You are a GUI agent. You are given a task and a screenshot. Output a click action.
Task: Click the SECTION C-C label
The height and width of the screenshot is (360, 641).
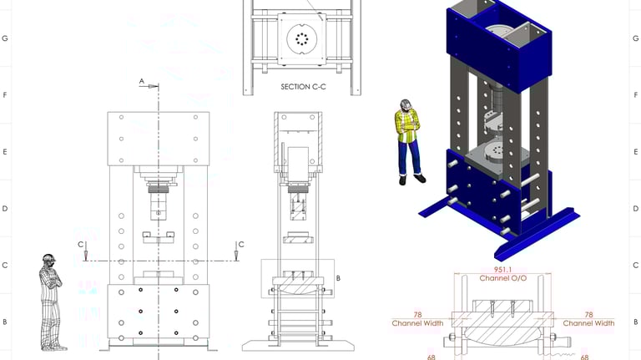tap(303, 87)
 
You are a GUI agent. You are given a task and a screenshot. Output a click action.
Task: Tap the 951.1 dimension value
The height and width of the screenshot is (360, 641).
tap(502, 270)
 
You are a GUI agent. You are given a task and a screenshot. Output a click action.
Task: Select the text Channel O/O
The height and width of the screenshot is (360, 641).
tap(502, 278)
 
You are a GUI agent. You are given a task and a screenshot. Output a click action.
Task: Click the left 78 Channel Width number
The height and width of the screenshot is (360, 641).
tap(417, 315)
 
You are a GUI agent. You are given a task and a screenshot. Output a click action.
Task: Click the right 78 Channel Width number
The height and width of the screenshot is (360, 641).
tap(588, 315)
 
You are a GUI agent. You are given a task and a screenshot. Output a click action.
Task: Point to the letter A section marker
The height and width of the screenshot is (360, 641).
tap(141, 81)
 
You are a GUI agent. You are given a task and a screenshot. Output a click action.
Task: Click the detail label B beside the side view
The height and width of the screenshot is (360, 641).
tap(338, 278)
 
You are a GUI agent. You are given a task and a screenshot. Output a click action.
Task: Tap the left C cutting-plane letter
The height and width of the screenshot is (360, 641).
tap(80, 245)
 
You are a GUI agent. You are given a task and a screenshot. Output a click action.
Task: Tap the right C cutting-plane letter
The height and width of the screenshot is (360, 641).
tap(241, 245)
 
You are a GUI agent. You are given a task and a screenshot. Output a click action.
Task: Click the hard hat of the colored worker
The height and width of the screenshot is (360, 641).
tap(405, 104)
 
